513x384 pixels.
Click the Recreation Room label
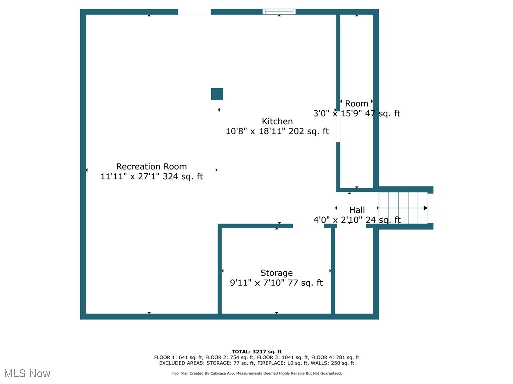coord(151,166)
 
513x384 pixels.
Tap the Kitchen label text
coord(277,121)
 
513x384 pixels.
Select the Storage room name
coord(276,273)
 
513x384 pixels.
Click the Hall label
coord(357,210)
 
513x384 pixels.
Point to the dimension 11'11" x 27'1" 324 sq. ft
coord(152,176)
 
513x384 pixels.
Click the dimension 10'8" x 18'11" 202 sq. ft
coord(277,131)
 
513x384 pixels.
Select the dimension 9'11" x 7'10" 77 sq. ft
coord(276,283)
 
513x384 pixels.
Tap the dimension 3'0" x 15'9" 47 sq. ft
coord(357,113)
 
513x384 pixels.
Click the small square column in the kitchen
coord(217,94)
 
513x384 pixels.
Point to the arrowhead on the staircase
coord(425,208)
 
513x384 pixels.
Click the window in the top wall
coord(279,12)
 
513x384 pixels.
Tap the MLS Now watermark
coord(27,373)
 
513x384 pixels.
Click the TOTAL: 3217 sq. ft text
coord(256,352)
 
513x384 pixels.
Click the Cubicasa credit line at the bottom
coord(256,373)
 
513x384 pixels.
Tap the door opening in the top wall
coord(194,12)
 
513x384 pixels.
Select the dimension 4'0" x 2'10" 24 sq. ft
coord(357,220)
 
